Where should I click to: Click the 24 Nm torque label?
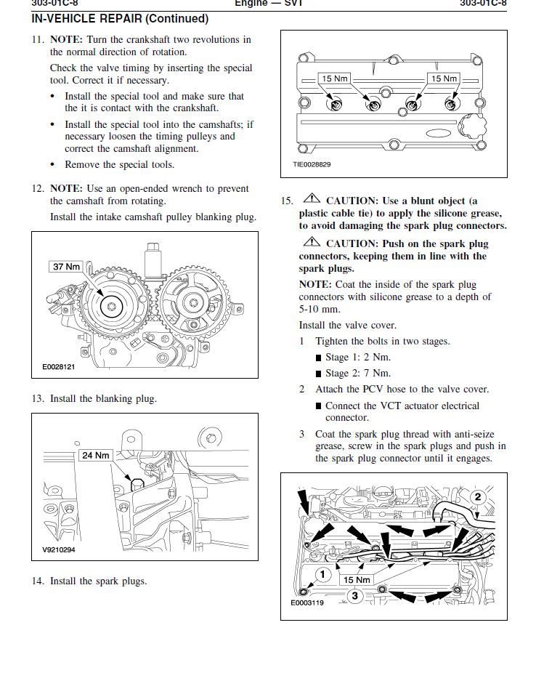[x=96, y=456]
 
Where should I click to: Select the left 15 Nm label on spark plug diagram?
[x=335, y=78]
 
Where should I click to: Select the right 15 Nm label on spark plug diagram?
[x=444, y=78]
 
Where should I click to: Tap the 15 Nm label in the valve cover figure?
[x=357, y=579]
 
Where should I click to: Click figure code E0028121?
[x=54, y=367]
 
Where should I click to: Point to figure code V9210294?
[x=54, y=549]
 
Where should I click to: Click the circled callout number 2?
[x=478, y=497]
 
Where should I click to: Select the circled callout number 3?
[x=354, y=596]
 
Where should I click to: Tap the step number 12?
[x=38, y=188]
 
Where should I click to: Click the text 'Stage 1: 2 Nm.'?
[x=357, y=357]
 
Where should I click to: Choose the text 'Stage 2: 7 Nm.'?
[x=357, y=373]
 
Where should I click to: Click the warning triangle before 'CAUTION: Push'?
[x=312, y=243]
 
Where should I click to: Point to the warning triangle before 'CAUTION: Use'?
[x=312, y=199]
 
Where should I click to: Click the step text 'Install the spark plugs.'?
[x=98, y=581]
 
